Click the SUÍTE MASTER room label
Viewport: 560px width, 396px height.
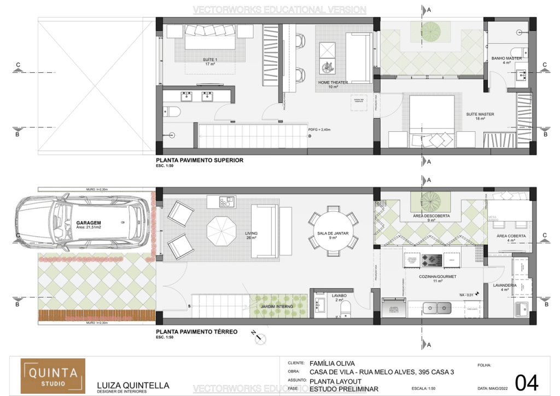480,114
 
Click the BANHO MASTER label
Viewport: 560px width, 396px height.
506,58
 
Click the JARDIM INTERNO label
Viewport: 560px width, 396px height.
276,307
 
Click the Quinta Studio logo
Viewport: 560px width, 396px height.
53,376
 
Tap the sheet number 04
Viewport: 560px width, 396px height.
527,381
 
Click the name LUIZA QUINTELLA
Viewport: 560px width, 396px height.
133,385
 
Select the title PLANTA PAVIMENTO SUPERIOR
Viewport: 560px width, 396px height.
199,161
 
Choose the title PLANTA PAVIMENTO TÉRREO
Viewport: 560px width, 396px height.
196,331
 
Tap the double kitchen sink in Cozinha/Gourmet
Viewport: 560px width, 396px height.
436,308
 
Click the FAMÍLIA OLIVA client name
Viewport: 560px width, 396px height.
332,363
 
